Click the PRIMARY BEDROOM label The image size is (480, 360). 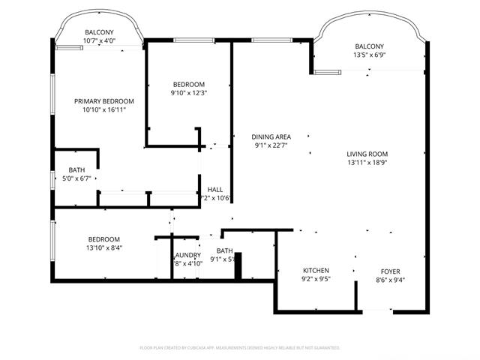click(x=103, y=101)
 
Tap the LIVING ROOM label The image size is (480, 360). click(x=366, y=153)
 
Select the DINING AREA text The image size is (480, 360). click(x=271, y=136)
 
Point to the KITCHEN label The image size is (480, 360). click(x=316, y=270)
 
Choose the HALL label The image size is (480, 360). click(x=215, y=190)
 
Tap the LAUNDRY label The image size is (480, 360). click(x=187, y=255)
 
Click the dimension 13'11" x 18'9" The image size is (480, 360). click(x=366, y=162)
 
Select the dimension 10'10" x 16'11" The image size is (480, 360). click(x=103, y=110)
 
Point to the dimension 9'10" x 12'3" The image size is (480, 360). click(x=189, y=93)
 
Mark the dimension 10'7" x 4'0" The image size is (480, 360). click(x=99, y=40)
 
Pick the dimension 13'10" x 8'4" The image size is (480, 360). click(x=103, y=248)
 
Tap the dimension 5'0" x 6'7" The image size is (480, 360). click(x=76, y=178)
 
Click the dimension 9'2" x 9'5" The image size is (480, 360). click(x=316, y=279)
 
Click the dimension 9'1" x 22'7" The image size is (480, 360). click(x=271, y=145)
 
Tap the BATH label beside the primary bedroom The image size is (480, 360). click(x=76, y=169)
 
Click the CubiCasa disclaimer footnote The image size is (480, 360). click(x=240, y=348)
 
